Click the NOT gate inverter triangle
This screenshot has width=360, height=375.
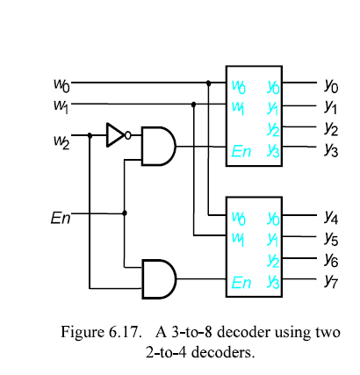click(x=115, y=135)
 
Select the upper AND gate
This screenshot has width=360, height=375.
click(x=158, y=147)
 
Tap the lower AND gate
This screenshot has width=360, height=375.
click(x=159, y=279)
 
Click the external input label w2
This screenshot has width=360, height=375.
click(x=61, y=141)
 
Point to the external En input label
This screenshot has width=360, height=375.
click(x=61, y=218)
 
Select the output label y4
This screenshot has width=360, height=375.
click(x=331, y=217)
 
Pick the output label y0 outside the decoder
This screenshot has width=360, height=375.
click(x=331, y=86)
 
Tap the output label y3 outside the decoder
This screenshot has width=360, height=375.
click(x=331, y=150)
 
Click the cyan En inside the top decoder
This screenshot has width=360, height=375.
click(x=241, y=152)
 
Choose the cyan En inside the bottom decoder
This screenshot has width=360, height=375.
click(x=241, y=283)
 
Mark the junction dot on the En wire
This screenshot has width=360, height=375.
click(x=125, y=213)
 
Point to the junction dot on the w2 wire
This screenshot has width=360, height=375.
click(x=90, y=135)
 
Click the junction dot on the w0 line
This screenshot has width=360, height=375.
click(x=208, y=83)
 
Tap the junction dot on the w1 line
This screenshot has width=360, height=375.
click(x=193, y=104)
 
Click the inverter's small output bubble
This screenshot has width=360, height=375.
click(x=128, y=135)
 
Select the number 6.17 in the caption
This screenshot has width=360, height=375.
click(x=125, y=332)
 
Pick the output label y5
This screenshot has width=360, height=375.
click(x=331, y=238)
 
